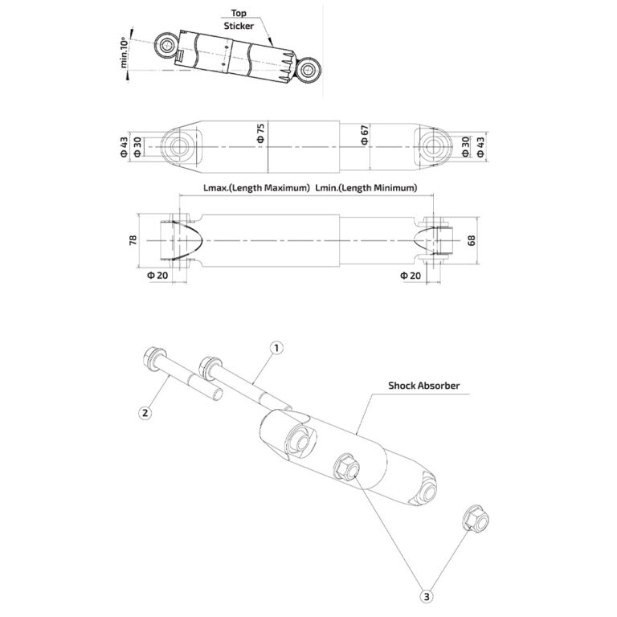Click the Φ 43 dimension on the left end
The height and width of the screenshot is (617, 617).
(x=125, y=146)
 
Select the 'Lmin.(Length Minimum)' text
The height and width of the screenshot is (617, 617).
(x=366, y=188)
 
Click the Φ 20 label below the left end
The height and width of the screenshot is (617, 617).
(x=157, y=275)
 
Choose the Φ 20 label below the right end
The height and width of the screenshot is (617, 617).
(x=410, y=275)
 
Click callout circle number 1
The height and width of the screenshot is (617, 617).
(x=276, y=348)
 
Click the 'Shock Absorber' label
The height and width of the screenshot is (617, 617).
(x=423, y=386)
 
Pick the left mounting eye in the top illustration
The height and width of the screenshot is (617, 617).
(x=167, y=46)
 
